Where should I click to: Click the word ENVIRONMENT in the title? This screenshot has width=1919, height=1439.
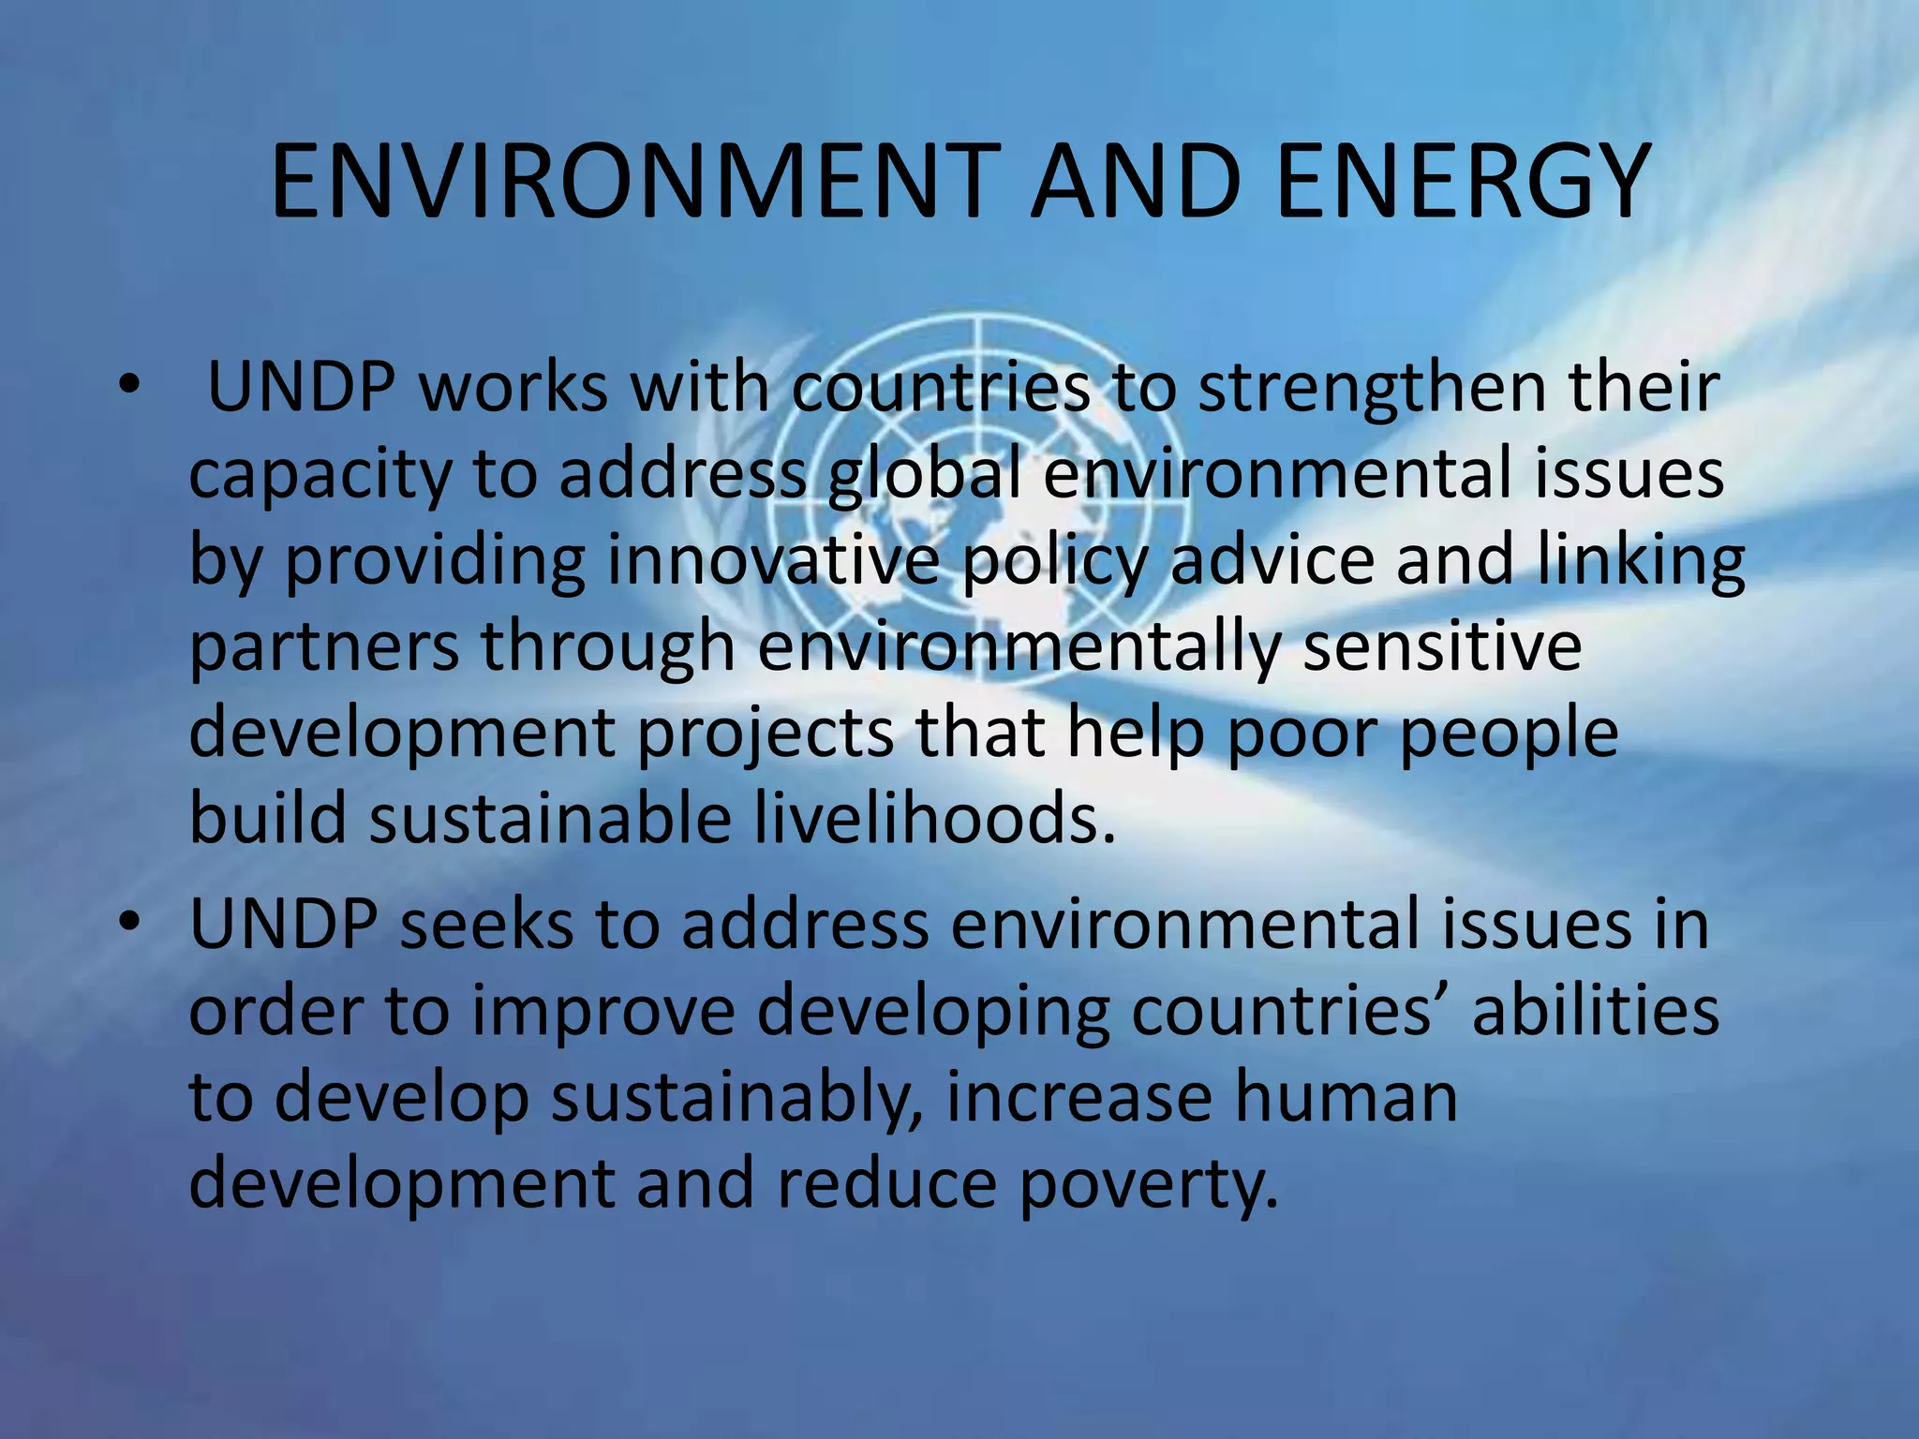pos(629,182)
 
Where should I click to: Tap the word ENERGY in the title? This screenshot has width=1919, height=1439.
pos(1461,182)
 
